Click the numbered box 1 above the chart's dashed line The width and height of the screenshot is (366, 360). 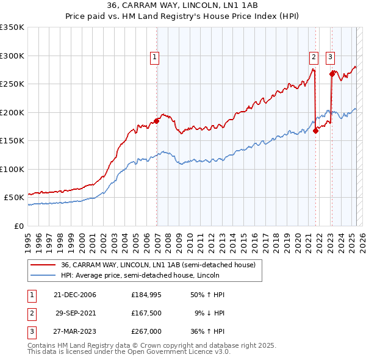(154, 58)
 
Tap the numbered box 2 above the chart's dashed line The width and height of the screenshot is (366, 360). (314, 58)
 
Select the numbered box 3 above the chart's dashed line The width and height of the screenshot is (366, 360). (330, 58)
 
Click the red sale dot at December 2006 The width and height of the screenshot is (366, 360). (157, 121)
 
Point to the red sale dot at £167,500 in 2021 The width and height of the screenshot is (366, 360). (316, 131)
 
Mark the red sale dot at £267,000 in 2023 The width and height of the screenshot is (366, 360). (332, 74)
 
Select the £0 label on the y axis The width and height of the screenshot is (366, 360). (19, 226)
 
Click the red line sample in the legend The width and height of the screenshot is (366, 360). (43, 264)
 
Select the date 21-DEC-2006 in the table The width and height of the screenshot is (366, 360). (75, 295)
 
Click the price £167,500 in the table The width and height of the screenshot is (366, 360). (145, 312)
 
